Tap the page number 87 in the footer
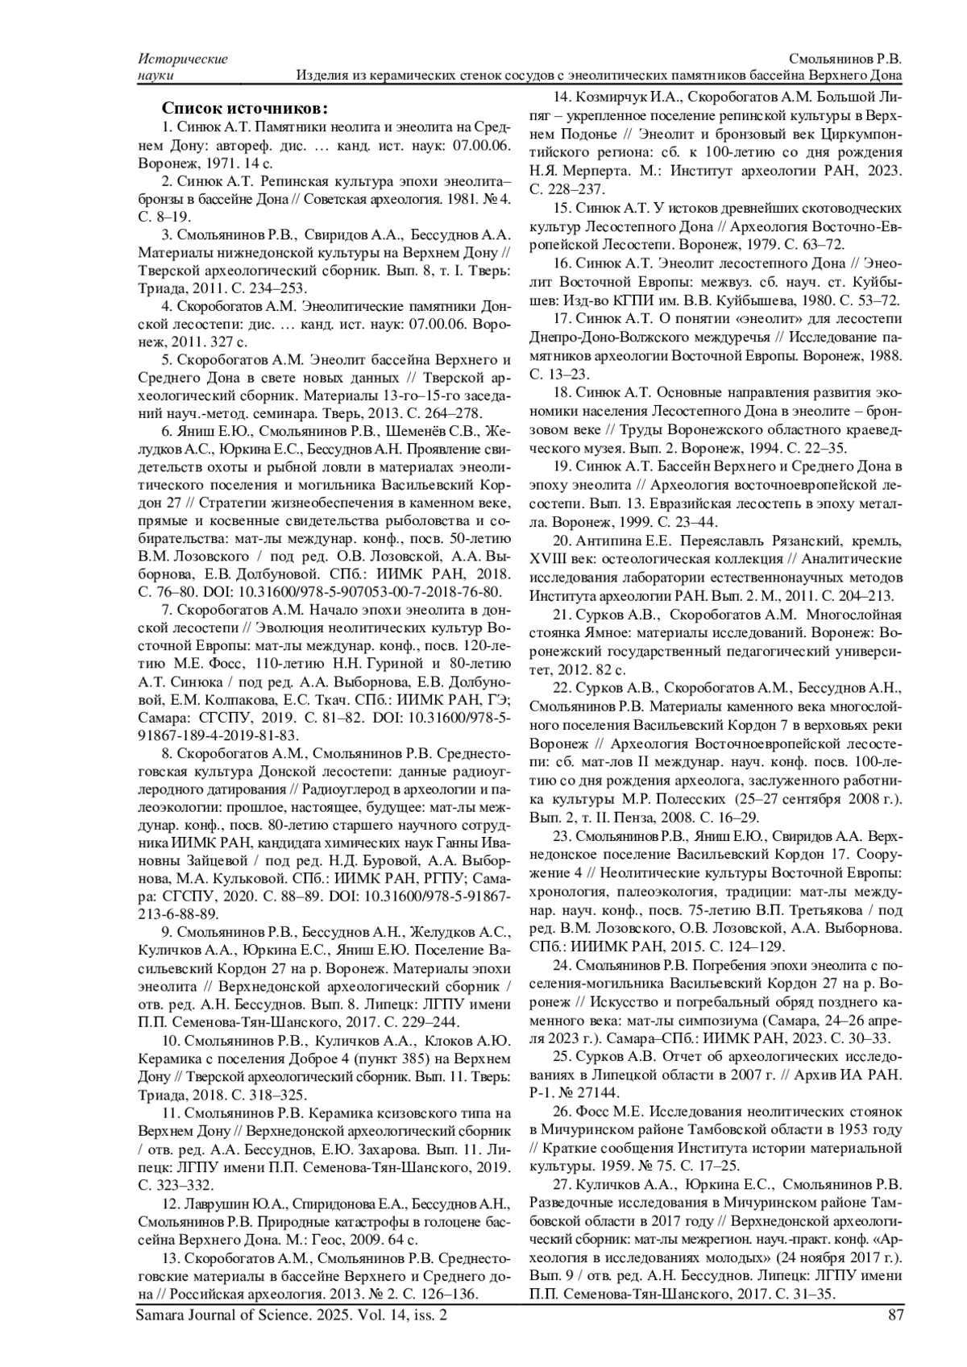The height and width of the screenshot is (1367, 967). click(x=894, y=1315)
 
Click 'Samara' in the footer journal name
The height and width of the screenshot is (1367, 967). click(x=163, y=1315)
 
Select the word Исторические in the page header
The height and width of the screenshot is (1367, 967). click(x=183, y=59)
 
